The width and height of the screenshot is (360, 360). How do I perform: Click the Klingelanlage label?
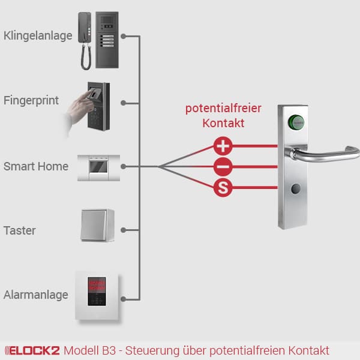[38, 36]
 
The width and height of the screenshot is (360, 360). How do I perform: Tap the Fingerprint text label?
[31, 100]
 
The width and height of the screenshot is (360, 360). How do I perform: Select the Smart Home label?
[36, 166]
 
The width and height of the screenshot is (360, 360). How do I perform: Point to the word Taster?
[20, 230]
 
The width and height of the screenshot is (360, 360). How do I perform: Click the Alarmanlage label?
[36, 295]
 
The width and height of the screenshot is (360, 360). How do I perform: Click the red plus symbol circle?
[223, 145]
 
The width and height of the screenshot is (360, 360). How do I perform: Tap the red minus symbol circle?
[223, 167]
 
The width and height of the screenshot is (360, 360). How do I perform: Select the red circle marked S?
[223, 188]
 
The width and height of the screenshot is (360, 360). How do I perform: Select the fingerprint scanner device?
[98, 107]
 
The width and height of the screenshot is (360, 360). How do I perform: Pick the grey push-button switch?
[97, 226]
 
